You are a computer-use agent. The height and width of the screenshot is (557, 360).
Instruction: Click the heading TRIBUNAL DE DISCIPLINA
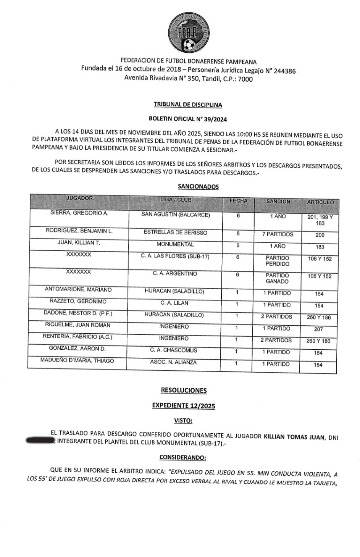[x=187, y=104]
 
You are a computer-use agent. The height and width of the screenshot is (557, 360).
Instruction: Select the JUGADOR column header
[x=79, y=199]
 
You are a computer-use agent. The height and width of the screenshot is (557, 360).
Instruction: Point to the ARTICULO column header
[x=320, y=202]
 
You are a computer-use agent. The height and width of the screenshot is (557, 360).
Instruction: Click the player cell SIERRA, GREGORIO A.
[x=79, y=213]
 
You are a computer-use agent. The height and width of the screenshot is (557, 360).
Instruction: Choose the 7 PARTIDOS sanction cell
[x=278, y=234]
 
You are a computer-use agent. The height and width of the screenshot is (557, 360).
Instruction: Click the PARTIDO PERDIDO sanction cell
[x=278, y=261]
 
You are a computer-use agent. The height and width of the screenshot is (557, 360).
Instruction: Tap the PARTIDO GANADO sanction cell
[x=278, y=278]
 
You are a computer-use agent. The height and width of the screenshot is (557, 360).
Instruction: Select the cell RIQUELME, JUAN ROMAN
[x=77, y=325]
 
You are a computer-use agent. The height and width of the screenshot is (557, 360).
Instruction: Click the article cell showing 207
[x=318, y=329]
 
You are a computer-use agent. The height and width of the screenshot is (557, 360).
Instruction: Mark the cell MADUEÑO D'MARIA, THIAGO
[x=77, y=361]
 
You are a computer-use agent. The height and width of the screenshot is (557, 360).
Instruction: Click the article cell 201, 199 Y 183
[x=320, y=220]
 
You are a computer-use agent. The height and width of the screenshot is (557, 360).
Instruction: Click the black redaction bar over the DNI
[x=40, y=442]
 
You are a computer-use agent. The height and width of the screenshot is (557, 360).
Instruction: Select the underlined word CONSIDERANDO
[x=183, y=457]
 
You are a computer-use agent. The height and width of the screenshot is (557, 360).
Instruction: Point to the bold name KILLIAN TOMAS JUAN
[x=294, y=437]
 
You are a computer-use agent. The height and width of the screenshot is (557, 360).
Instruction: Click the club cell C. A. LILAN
[x=174, y=303]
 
